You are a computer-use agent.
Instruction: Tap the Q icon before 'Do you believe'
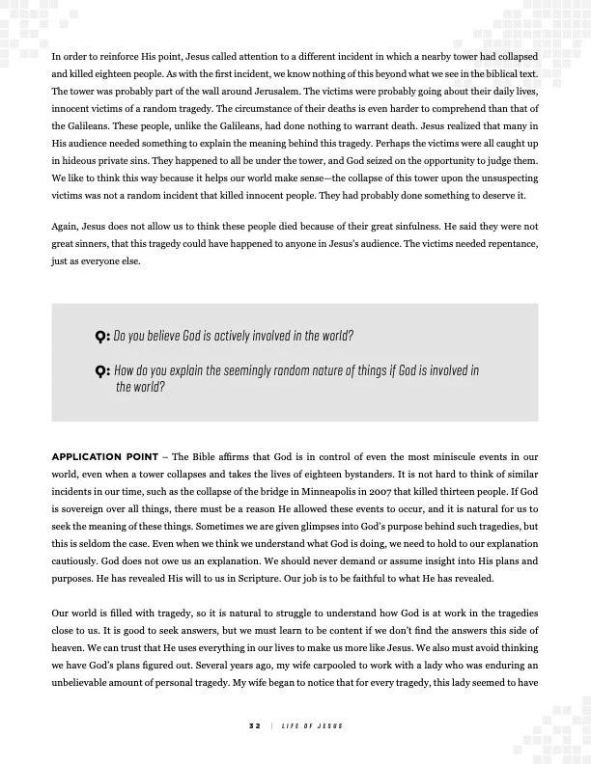(x=101, y=338)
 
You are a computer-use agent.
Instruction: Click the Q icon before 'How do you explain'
(x=101, y=371)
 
